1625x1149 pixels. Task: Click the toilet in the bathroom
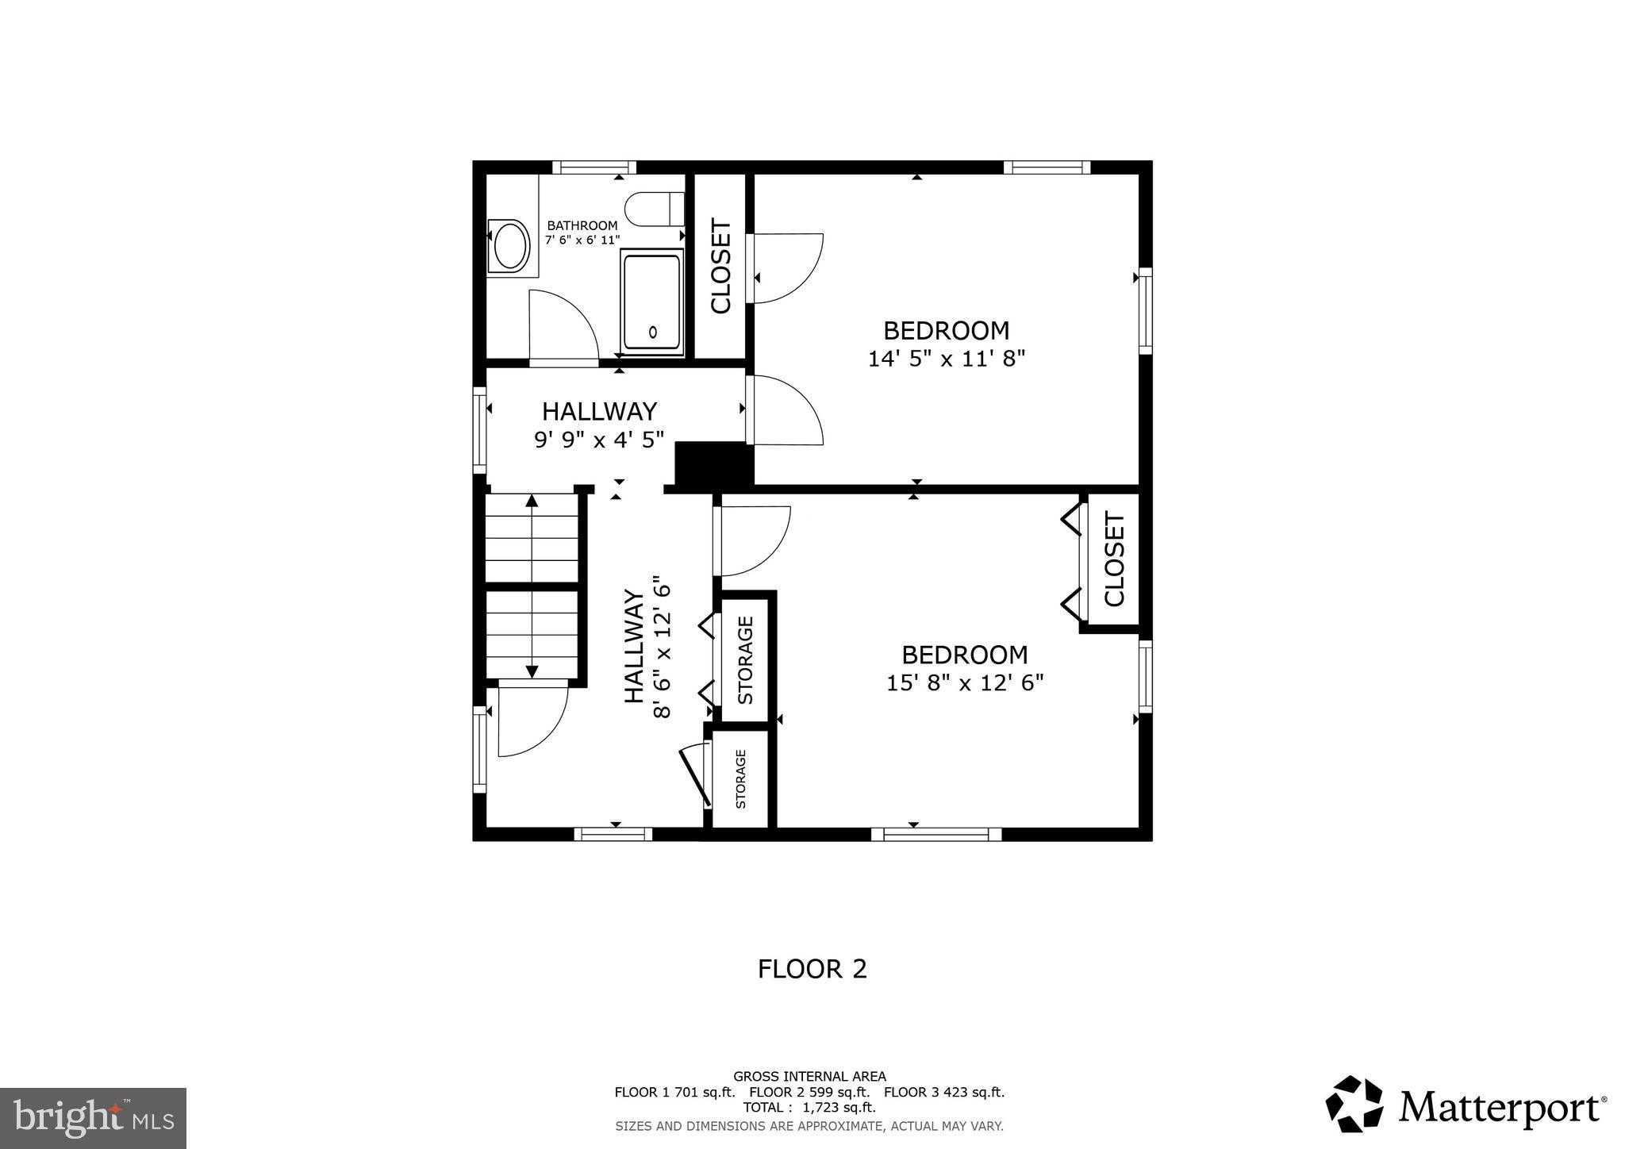tap(655, 209)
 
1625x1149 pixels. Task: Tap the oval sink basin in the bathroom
tap(510, 247)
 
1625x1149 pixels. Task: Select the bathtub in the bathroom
tap(652, 301)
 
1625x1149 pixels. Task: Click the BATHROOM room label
tap(582, 225)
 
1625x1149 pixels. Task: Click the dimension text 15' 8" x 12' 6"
tap(964, 683)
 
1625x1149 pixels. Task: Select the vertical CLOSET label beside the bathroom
tap(720, 266)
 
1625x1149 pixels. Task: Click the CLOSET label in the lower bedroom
tap(1114, 560)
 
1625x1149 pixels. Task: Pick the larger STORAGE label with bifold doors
tap(745, 660)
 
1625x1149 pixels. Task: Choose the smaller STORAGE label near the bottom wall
tap(740, 778)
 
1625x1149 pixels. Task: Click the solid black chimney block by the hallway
tap(712, 465)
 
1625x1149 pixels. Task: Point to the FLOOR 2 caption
tap(812, 969)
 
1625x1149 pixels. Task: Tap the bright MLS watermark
tap(93, 1119)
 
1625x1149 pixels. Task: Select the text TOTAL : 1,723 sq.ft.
tap(809, 1107)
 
